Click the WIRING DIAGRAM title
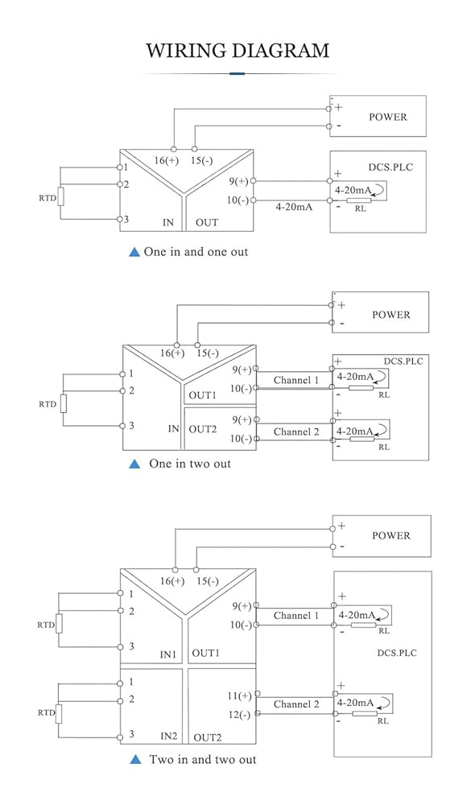pos(237,50)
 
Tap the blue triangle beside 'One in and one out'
pos(134,252)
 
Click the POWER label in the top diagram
pos(388,117)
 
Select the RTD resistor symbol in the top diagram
pos(60,196)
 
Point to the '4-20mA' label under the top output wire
pos(294,207)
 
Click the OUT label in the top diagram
pos(207,223)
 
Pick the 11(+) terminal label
pos(239,696)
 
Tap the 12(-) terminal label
pos(240,715)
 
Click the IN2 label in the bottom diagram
pos(168,737)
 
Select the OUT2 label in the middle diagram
pos(203,429)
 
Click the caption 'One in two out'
pos(190,464)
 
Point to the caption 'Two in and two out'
pos(203,759)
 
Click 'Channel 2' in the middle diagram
pos(296,431)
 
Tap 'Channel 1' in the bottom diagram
pos(296,615)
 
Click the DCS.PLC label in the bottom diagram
pos(397,653)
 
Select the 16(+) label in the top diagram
pos(167,161)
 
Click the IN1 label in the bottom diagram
pos(168,654)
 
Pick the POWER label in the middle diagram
pos(391,315)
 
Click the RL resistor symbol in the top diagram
pos(358,200)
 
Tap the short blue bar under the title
pos(237,74)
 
